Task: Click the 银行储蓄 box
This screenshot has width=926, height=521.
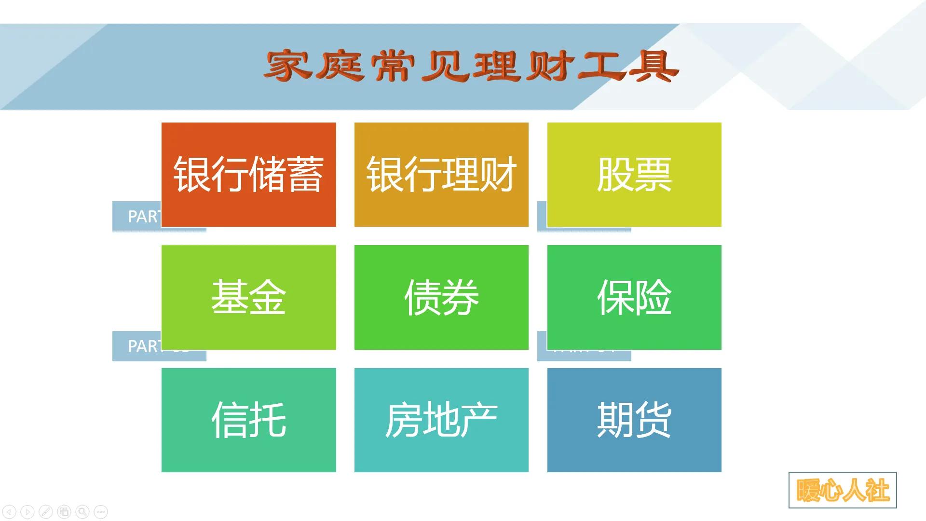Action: (x=248, y=174)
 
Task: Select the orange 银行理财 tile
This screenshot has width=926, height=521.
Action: (x=441, y=174)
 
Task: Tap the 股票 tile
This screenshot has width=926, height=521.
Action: (x=634, y=174)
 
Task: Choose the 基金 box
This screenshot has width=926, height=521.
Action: (x=248, y=297)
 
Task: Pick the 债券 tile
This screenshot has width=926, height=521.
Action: (x=441, y=297)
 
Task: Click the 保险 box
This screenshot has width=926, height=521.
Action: (x=634, y=297)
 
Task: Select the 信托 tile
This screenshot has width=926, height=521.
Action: (x=248, y=420)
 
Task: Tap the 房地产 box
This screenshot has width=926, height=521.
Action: (x=441, y=420)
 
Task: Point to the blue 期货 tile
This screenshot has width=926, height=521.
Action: (x=634, y=420)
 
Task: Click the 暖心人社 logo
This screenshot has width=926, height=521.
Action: (x=843, y=490)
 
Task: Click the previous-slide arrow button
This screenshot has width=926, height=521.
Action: (x=10, y=511)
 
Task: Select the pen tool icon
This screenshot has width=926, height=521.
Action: (x=46, y=511)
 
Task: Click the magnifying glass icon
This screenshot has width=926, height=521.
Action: (x=82, y=511)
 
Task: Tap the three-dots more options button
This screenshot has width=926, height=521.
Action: (x=101, y=511)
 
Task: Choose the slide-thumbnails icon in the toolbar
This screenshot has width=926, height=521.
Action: (x=64, y=511)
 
